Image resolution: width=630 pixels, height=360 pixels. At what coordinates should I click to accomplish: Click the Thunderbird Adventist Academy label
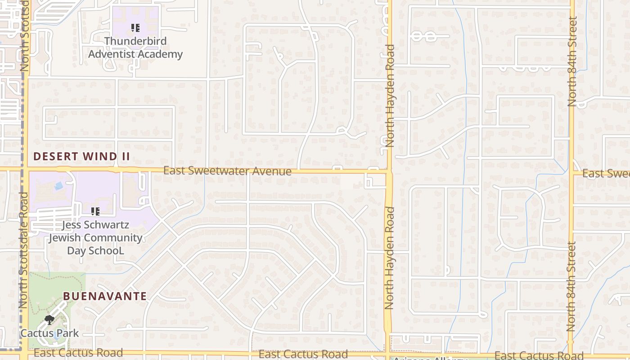[x=135, y=48]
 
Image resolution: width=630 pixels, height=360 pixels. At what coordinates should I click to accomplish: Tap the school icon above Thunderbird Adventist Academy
[x=135, y=28]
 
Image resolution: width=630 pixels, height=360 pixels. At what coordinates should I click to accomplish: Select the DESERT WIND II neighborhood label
[x=81, y=157]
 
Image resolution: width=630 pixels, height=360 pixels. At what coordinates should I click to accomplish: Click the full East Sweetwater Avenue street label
[x=227, y=171]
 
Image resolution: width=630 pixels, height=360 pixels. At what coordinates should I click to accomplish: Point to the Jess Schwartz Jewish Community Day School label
[x=95, y=238]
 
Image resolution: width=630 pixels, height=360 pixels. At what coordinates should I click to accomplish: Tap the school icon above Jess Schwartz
[x=95, y=211]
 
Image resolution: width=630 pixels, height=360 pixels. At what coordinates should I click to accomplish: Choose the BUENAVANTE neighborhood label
[x=105, y=296]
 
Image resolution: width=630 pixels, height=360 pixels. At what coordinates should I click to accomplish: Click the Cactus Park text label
[x=49, y=333]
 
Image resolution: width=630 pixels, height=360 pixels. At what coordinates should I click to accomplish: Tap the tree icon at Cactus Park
[x=49, y=320]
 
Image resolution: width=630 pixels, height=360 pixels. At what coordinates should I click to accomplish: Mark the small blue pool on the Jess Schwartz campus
[x=58, y=185]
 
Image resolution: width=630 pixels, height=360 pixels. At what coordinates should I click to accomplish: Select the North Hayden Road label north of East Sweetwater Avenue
[x=390, y=95]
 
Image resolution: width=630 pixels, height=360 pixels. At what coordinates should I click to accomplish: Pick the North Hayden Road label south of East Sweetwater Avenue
[x=389, y=258]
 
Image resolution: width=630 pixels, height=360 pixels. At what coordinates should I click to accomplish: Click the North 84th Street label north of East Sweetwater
[x=572, y=62]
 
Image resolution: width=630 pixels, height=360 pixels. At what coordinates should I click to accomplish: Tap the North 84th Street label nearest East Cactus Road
[x=571, y=287]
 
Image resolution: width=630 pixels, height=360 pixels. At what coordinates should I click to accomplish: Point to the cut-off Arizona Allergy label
[x=430, y=358]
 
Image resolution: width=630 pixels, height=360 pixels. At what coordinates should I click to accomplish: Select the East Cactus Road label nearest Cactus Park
[x=78, y=353]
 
